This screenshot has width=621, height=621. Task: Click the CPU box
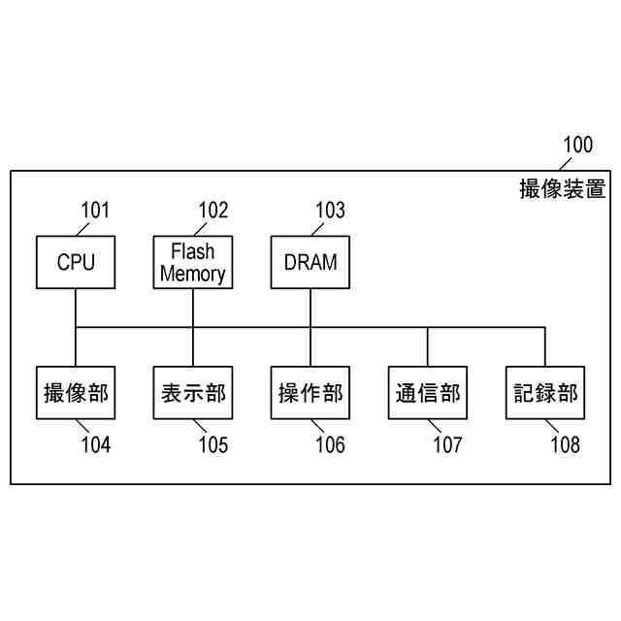[76, 262]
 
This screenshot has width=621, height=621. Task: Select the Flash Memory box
[193, 262]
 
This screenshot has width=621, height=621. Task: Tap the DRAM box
[310, 262]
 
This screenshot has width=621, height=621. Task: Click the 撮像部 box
[76, 393]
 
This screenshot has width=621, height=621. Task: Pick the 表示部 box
[193, 393]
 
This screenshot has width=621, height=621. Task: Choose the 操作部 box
[310, 393]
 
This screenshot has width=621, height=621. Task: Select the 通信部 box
[428, 393]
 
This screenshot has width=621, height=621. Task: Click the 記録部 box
[545, 393]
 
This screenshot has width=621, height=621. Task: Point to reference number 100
[577, 147]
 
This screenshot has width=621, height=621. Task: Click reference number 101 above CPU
[95, 211]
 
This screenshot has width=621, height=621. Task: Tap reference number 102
[213, 211]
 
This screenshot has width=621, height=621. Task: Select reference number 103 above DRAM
[330, 211]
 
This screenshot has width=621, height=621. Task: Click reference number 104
[95, 446]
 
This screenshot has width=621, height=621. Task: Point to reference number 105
[213, 446]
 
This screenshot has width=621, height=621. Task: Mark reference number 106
[330, 446]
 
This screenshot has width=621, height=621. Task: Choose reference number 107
[447, 446]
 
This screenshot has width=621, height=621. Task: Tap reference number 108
[565, 446]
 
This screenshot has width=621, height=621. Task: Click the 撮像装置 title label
[563, 188]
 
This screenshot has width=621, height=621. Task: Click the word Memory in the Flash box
[193, 274]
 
